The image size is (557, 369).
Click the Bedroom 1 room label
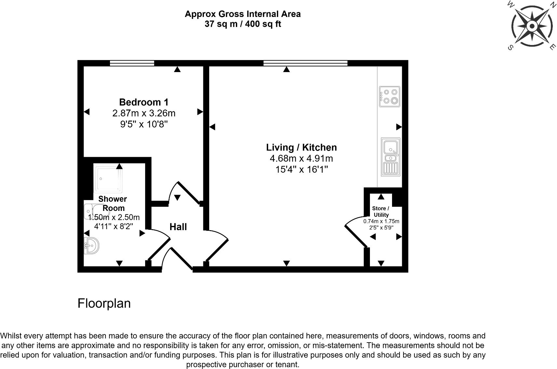(144, 102)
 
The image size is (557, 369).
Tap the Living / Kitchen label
(301, 147)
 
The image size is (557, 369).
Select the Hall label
(178, 227)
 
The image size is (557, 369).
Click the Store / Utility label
(381, 212)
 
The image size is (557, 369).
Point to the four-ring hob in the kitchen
(389, 96)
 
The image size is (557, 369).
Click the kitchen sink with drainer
(390, 157)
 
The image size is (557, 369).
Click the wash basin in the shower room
(91, 245)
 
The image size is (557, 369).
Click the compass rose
(532, 26)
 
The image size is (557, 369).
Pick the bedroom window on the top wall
(132, 63)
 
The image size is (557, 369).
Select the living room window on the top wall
(305, 63)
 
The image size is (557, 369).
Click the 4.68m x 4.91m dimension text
(301, 159)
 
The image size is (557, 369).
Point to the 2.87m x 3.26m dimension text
(144, 113)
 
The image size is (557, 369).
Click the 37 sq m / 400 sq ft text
(243, 24)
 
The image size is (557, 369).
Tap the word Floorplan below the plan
(104, 303)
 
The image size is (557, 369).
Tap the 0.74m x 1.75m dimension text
(381, 221)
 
